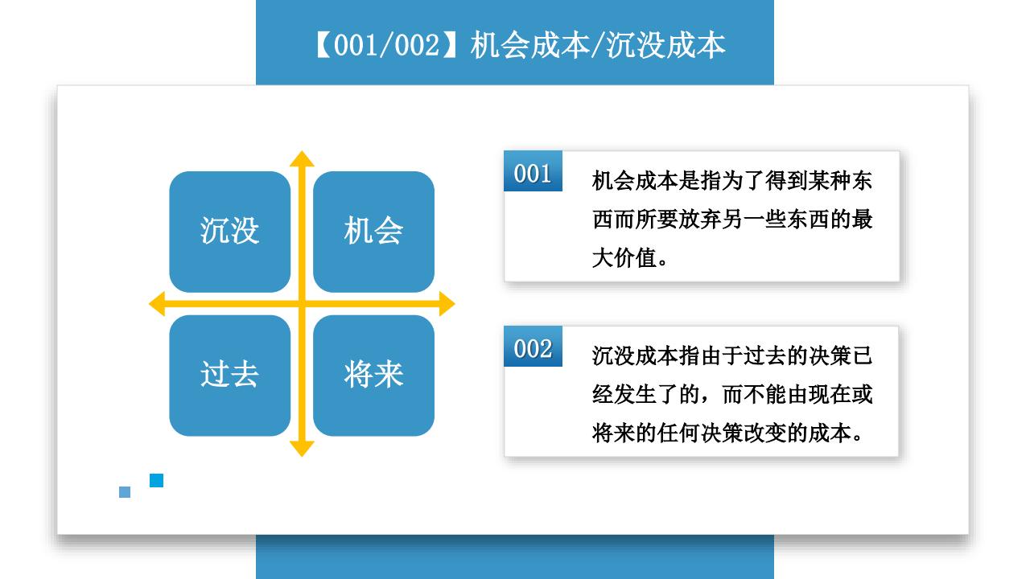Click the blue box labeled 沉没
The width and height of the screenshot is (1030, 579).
point(230,232)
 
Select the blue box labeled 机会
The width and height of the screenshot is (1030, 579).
point(374,232)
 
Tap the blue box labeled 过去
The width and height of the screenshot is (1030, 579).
point(230,376)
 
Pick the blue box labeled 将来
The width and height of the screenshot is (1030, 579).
point(374,376)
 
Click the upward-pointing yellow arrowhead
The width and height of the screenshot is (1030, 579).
point(302,158)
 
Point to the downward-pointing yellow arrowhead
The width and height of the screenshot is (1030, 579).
point(302,449)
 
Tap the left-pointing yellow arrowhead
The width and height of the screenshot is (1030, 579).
point(157,304)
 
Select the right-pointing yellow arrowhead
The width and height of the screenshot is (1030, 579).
point(447,304)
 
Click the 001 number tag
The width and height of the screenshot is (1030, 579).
point(533,171)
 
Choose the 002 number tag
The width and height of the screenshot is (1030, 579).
point(533,347)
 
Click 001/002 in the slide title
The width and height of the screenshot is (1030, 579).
point(387,46)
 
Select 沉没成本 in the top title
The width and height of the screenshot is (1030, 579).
point(665,46)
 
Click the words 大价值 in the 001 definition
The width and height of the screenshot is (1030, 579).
point(624,258)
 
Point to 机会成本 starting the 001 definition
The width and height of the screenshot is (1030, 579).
point(635,181)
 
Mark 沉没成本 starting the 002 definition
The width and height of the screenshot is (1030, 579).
point(635,356)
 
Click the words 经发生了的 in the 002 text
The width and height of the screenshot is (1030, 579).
point(645,395)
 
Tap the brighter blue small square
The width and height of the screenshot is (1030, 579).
point(156,480)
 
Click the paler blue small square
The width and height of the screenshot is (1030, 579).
point(125,492)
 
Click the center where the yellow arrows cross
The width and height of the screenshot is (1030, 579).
point(302,304)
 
